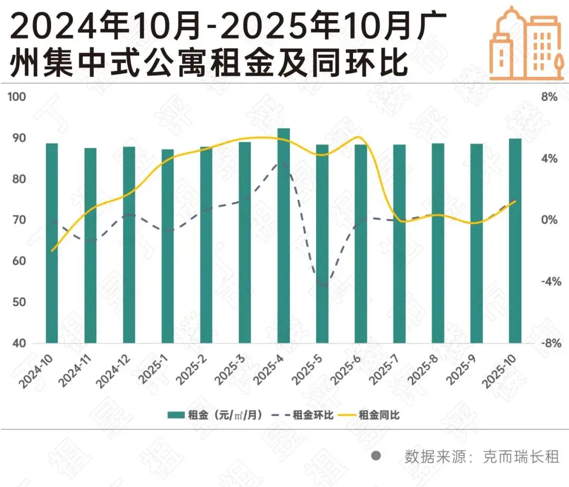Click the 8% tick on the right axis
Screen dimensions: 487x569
549,97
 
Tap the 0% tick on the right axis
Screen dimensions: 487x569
549,220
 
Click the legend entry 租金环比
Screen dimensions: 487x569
313,415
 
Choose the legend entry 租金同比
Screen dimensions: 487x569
379,415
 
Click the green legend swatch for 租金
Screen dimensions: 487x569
175,415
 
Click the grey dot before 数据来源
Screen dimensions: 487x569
376,456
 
